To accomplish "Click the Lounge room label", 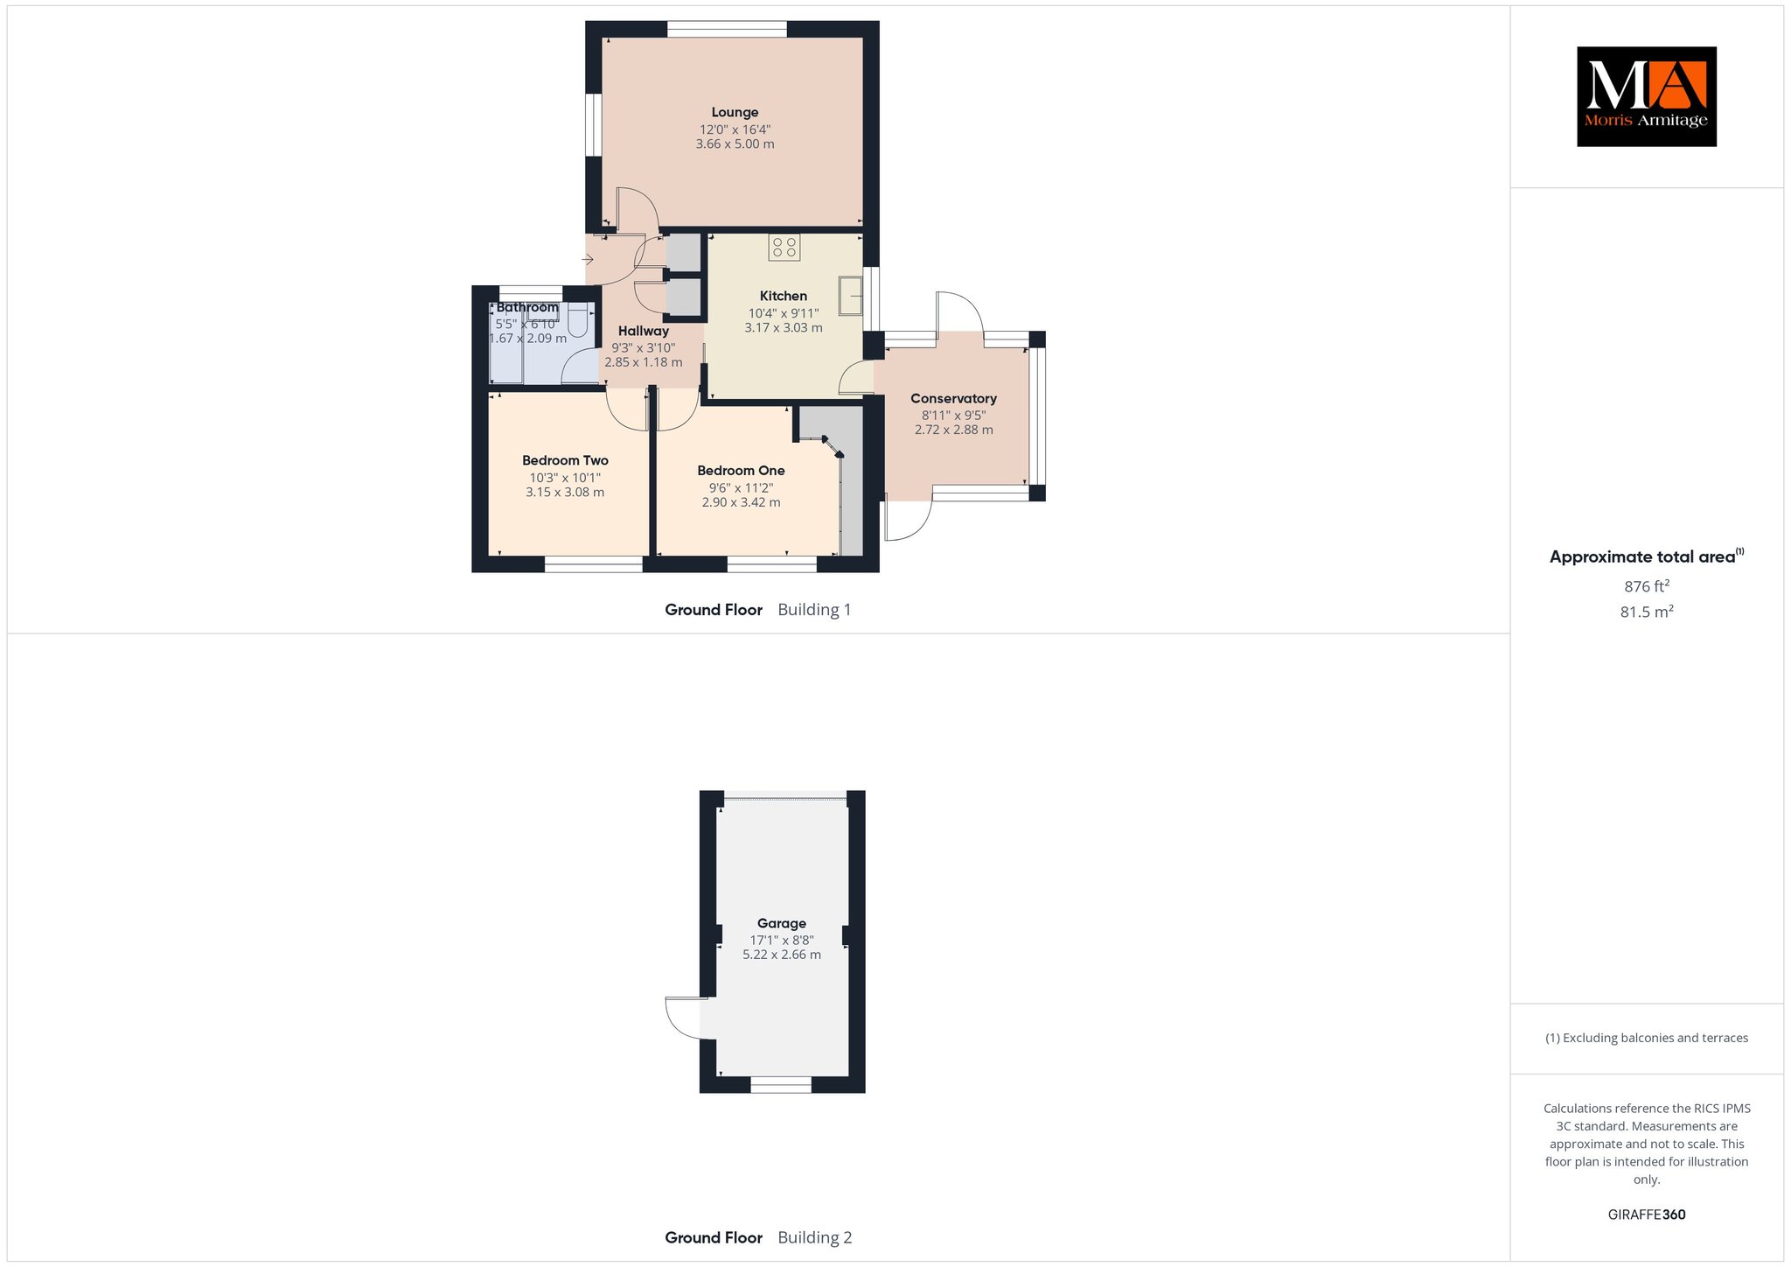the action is (735, 112).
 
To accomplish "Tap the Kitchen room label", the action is (784, 296).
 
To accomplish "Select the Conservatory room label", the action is (953, 398).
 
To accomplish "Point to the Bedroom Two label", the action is (565, 460).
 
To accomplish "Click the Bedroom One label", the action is (741, 471).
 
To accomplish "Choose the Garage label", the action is (782, 923).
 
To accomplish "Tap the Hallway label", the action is (644, 331).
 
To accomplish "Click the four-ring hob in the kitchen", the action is (784, 248).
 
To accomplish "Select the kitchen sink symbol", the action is (850, 295).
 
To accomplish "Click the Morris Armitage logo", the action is (1647, 96).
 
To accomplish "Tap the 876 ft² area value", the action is (1647, 586).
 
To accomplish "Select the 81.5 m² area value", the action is (1647, 612).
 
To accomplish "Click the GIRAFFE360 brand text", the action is (1647, 1214).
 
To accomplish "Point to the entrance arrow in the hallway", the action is (589, 259).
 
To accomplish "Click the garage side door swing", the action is (683, 1018).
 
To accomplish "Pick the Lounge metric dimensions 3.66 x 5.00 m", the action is (735, 143).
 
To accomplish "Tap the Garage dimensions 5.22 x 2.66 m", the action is (782, 955).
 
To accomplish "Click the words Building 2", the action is (814, 1237).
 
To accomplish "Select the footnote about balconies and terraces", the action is (1647, 1038).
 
